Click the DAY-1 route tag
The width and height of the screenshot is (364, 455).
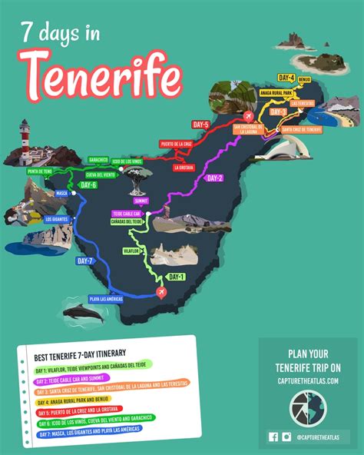click(177, 277)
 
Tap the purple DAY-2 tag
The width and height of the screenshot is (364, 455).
click(213, 178)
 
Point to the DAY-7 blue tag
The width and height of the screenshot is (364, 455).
click(85, 262)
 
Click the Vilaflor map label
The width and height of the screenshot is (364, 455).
click(134, 251)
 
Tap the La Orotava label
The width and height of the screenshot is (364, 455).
click(185, 167)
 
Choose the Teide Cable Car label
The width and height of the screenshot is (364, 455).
click(127, 213)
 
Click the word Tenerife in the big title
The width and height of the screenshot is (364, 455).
click(103, 77)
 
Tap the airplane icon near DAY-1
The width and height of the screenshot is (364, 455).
click(161, 292)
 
